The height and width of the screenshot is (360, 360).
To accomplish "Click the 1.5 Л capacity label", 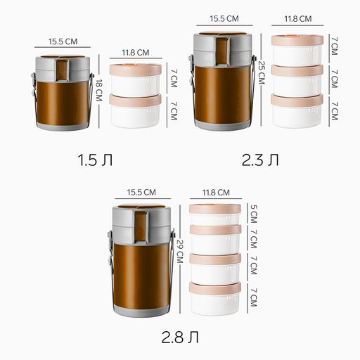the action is pyautogui.click(x=95, y=160).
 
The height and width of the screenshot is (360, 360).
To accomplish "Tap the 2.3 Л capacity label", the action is pyautogui.click(x=260, y=160).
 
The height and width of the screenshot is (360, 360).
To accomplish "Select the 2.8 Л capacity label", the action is pyautogui.click(x=180, y=337).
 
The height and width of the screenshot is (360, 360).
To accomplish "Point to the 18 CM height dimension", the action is pyautogui.click(x=99, y=90).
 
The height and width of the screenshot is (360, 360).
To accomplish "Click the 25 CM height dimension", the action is pyautogui.click(x=262, y=72).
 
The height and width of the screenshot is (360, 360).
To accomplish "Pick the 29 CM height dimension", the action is pyautogui.click(x=180, y=251).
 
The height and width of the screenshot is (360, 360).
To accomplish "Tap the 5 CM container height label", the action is pyautogui.click(x=254, y=214).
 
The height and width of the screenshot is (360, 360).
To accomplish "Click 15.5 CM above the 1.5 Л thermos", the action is pyautogui.click(x=63, y=41).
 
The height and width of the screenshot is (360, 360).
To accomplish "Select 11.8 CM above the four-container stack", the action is pyautogui.click(x=216, y=193).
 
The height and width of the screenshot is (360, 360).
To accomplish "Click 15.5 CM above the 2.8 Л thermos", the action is pyautogui.click(x=141, y=192).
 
